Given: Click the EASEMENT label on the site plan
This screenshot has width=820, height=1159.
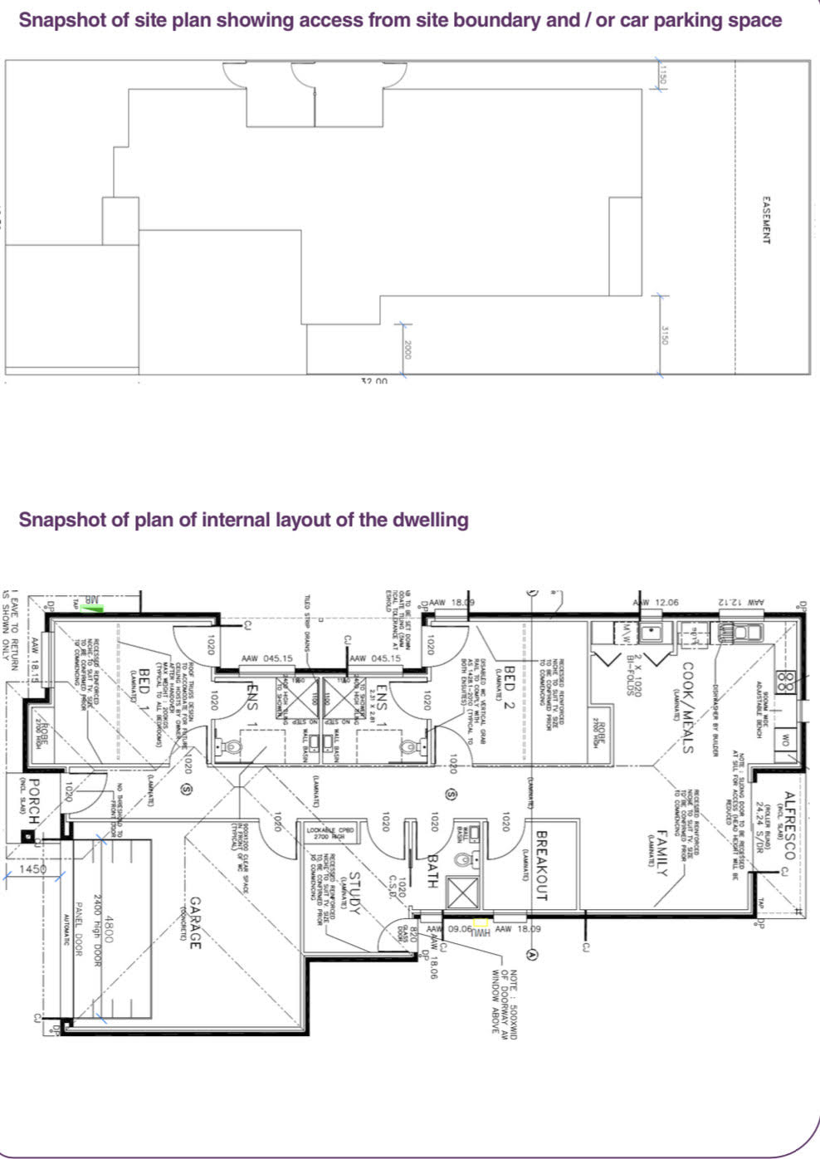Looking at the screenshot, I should pyautogui.click(x=765, y=220).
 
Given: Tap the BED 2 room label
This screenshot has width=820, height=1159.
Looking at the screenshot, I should pyautogui.click(x=510, y=684).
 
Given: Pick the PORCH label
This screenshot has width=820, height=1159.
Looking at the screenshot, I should pyautogui.click(x=34, y=801).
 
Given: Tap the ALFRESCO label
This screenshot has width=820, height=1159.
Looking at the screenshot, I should pyautogui.click(x=788, y=830).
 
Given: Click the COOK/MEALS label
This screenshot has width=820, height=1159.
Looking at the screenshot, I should pyautogui.click(x=687, y=707).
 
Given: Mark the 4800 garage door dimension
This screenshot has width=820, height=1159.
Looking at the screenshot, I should pyautogui.click(x=109, y=927).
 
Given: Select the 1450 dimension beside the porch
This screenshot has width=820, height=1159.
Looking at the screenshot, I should pyautogui.click(x=34, y=868).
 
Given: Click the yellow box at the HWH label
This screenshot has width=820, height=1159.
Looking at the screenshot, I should pyautogui.click(x=480, y=922).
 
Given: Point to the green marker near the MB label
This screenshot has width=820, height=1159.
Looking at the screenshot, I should pyautogui.click(x=99, y=609).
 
